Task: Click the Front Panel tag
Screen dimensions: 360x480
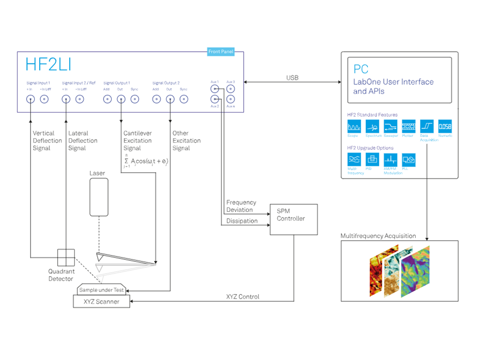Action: point(221,51)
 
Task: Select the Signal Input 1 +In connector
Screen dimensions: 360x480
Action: point(30,100)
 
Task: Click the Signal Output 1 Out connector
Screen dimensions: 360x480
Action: point(120,100)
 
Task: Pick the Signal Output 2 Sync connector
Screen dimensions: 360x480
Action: point(183,100)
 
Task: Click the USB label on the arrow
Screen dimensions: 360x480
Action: point(292,78)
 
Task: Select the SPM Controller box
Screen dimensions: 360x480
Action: point(293,219)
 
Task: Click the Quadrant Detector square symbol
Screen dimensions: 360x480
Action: point(66,258)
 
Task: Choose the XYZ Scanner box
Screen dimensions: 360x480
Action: point(102,302)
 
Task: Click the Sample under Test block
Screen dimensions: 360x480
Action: point(102,290)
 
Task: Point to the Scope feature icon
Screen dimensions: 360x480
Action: point(355,126)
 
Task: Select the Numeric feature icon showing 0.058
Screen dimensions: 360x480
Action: point(445,126)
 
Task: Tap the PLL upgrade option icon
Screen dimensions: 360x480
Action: point(408,160)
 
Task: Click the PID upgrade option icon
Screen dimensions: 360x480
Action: point(373,160)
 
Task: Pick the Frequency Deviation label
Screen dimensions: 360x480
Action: point(241,206)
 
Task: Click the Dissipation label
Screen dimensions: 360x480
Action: point(242,221)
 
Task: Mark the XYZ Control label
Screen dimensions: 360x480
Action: point(243,297)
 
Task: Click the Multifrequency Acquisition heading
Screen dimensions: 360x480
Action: point(378,236)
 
